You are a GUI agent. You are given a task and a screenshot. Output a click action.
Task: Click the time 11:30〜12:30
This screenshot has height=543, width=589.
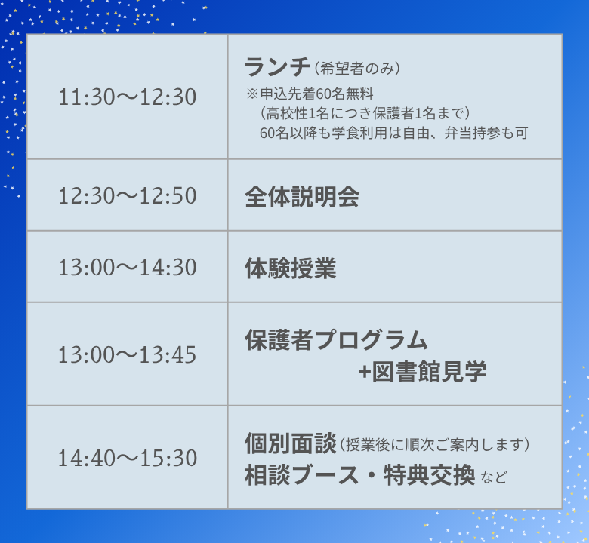[127, 97]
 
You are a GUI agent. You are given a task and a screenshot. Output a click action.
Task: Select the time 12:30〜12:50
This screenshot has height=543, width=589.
[127, 196]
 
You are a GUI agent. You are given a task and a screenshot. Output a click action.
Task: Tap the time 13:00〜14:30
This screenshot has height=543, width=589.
[127, 268]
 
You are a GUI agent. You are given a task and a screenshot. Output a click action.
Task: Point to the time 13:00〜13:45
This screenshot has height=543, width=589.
[127, 354]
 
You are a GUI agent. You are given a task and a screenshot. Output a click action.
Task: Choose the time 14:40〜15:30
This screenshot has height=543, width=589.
[127, 458]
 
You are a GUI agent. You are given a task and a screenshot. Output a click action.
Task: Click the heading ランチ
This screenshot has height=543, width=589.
[277, 68]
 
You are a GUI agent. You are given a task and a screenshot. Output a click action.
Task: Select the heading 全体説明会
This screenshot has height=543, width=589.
[301, 197]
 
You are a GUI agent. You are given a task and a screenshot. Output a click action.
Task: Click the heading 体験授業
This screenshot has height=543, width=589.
[290, 268]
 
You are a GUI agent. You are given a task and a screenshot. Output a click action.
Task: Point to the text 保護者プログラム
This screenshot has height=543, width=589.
[336, 340]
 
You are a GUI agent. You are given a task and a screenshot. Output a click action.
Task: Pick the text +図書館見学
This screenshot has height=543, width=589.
[422, 372]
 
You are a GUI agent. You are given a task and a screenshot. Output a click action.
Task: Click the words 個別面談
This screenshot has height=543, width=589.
[290, 443]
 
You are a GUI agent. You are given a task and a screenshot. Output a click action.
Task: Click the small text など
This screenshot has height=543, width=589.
[494, 478]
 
